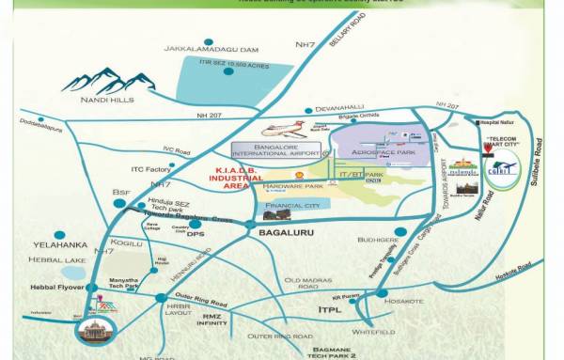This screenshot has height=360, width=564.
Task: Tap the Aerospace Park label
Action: coord(383,151)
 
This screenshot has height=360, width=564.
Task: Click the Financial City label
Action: coord(292,205)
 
